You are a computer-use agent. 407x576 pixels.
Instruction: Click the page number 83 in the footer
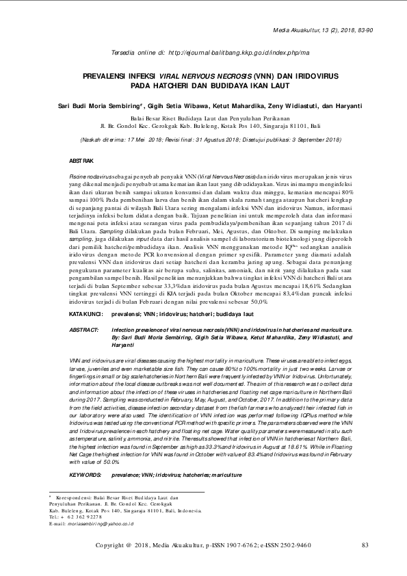click(x=365, y=545)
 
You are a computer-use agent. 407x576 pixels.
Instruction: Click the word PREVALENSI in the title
click(x=110, y=79)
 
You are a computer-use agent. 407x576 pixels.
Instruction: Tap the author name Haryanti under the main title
click(x=345, y=106)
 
